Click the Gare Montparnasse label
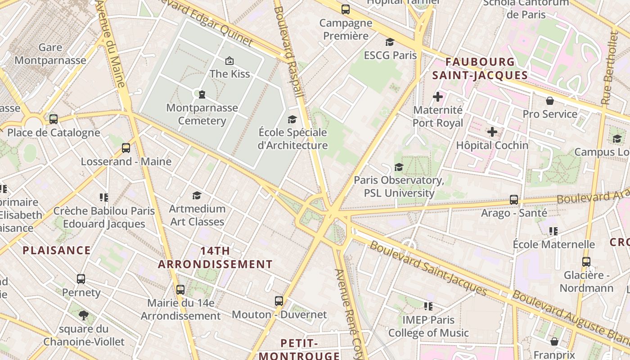[50, 54]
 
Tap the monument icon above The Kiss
[229, 60]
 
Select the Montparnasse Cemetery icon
[202, 94]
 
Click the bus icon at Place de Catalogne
[54, 119]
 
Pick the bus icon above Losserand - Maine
[126, 148]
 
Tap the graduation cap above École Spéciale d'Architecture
[292, 119]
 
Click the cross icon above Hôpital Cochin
[492, 132]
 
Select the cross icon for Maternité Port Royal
[437, 97]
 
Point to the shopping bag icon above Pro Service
[549, 101]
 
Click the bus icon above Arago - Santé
[514, 199]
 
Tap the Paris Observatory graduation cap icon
[399, 167]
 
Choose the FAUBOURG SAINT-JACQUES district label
[480, 68]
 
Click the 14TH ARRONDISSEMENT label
[215, 257]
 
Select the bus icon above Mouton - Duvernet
[279, 301]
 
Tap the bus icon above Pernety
[81, 279]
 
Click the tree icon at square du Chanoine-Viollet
[83, 315]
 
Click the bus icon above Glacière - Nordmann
[586, 261]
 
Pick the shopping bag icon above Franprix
[554, 341]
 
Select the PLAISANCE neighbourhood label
[57, 250]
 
